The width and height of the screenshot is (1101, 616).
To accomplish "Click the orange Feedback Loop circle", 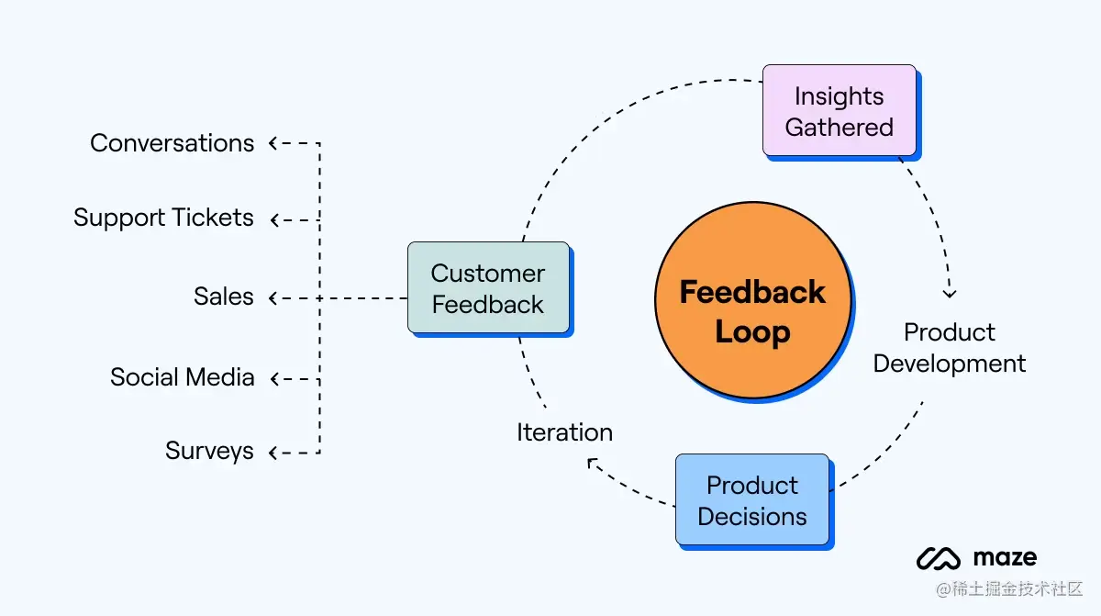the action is coord(753,300).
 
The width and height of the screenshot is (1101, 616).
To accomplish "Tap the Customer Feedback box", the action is coord(488,287).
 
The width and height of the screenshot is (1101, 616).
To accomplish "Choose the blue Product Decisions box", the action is coord(752,499).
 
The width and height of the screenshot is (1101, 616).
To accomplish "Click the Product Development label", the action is coord(950,348).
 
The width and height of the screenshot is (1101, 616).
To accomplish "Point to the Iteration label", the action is coord(565,432).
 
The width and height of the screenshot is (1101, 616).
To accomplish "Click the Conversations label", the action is coord(172,143).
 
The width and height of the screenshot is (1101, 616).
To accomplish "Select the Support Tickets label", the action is coord(163,218).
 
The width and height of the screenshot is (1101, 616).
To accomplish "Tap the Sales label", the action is coord(224,297).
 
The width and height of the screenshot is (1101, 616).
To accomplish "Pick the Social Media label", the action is coord(183,377).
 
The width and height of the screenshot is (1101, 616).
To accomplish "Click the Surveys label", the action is coord(209,452).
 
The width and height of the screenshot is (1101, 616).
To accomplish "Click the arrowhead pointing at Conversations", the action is coord(272,143).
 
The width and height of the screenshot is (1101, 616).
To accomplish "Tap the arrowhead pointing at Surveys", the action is coord(272,453).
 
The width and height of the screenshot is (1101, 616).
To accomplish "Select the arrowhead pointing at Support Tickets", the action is coord(274,219).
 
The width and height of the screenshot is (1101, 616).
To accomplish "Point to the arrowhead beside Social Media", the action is coord(274,378).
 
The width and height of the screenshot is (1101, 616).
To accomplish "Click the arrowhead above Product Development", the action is coord(950,294).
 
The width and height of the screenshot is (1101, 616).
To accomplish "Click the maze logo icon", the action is coord(939,558).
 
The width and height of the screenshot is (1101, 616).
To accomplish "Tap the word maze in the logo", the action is coord(1006,557).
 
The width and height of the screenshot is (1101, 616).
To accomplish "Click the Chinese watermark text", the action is coord(1009,588).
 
